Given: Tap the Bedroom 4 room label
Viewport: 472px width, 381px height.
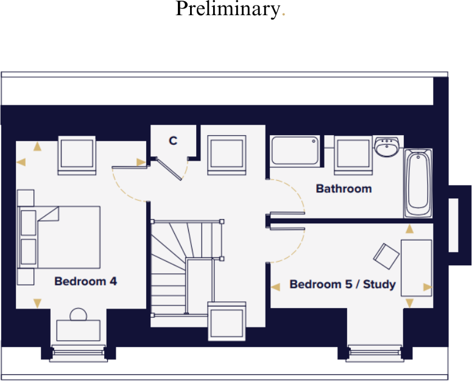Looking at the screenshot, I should click(85, 282).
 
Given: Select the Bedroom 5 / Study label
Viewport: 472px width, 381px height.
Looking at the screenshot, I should click(342, 284).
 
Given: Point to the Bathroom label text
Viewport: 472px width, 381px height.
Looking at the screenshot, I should click(343, 189).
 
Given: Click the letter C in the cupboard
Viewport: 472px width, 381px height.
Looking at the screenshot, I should click(173, 141).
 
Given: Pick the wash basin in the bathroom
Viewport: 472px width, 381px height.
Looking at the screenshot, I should click(386, 147).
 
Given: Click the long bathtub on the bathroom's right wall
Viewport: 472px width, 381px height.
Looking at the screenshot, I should click(418, 183).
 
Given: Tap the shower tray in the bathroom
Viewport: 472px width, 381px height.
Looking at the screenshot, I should click(295, 150).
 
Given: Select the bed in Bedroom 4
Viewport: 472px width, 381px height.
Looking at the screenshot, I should click(61, 237).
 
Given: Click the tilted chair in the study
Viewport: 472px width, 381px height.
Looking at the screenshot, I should click(386, 256).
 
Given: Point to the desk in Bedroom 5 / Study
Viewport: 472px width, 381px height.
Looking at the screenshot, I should click(417, 268).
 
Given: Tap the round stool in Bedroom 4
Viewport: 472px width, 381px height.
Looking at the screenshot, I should click(79, 315).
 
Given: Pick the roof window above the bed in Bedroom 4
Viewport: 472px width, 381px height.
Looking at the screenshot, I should click(77, 155).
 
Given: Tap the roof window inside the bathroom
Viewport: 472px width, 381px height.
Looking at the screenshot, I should click(353, 155).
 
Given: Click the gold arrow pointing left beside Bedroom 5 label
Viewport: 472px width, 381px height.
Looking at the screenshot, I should click(275, 285).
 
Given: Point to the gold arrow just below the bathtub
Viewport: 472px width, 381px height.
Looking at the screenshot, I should click(410, 229).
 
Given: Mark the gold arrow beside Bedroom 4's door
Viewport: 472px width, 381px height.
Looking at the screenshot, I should click(141, 162).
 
